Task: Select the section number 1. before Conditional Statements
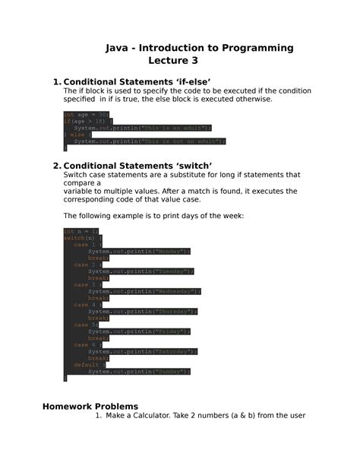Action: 56,82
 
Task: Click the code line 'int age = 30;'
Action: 82,115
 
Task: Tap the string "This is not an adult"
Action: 180,141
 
